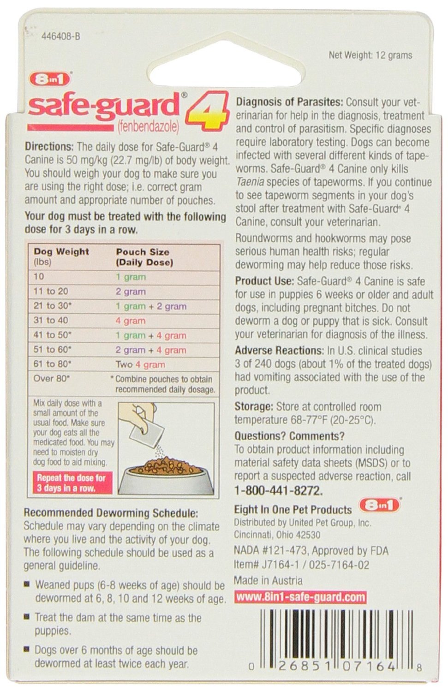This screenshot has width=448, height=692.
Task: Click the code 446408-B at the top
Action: pyautogui.click(x=61, y=36)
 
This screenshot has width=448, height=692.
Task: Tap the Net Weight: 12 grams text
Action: pyautogui.click(x=370, y=55)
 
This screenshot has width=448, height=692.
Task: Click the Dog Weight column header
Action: pyautogui.click(x=61, y=252)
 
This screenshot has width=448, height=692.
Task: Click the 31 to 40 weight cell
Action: pyautogui.click(x=51, y=320)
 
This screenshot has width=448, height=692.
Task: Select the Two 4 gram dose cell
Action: pyautogui.click(x=140, y=364)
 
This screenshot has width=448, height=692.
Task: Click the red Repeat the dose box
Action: pyautogui.click(x=72, y=483)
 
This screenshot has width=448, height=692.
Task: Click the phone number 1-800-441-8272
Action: pyautogui.click(x=279, y=490)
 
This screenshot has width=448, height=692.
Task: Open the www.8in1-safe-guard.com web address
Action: pyautogui.click(x=300, y=597)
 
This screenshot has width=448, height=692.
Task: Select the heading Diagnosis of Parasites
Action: pyautogui.click(x=289, y=102)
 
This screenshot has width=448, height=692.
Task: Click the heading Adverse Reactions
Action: pyautogui.click(x=279, y=351)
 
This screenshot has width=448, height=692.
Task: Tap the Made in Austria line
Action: pyautogui.click(x=268, y=580)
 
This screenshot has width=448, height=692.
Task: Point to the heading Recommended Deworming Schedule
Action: pyautogui.click(x=111, y=513)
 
